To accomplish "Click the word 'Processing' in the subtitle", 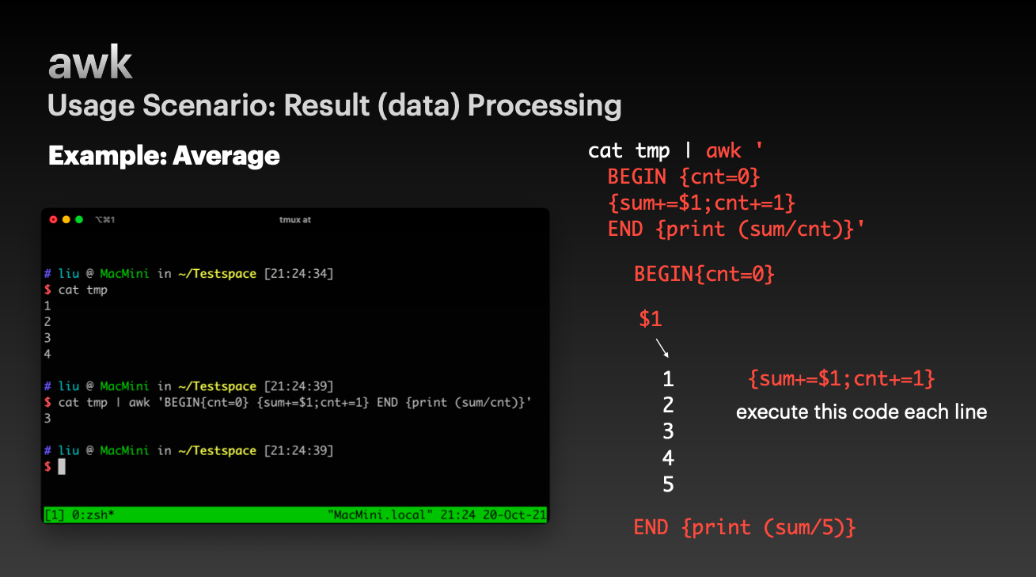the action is point(545,105).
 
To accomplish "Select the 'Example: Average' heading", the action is point(164,155).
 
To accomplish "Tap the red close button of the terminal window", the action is point(53,219).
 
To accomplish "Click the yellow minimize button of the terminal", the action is point(66,219).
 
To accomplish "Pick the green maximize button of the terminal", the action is point(79,219).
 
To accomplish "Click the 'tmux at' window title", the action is point(295,220).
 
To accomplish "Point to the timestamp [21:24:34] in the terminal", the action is point(298,274).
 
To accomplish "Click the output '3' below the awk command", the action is point(47,418).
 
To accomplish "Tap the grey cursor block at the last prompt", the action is point(62,466).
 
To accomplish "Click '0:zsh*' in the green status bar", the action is point(93,515).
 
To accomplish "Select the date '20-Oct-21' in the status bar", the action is point(514,515).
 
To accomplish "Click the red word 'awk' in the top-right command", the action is point(723,151).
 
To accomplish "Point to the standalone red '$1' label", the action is point(651,319).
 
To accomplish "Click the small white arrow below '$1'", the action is point(662,348).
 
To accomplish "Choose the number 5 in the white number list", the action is point(668,484).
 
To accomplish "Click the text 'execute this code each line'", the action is point(862,412).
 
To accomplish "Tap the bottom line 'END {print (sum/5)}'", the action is point(745,527).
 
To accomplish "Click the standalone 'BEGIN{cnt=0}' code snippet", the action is point(704,274).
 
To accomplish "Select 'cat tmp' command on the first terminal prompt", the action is point(83,290).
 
